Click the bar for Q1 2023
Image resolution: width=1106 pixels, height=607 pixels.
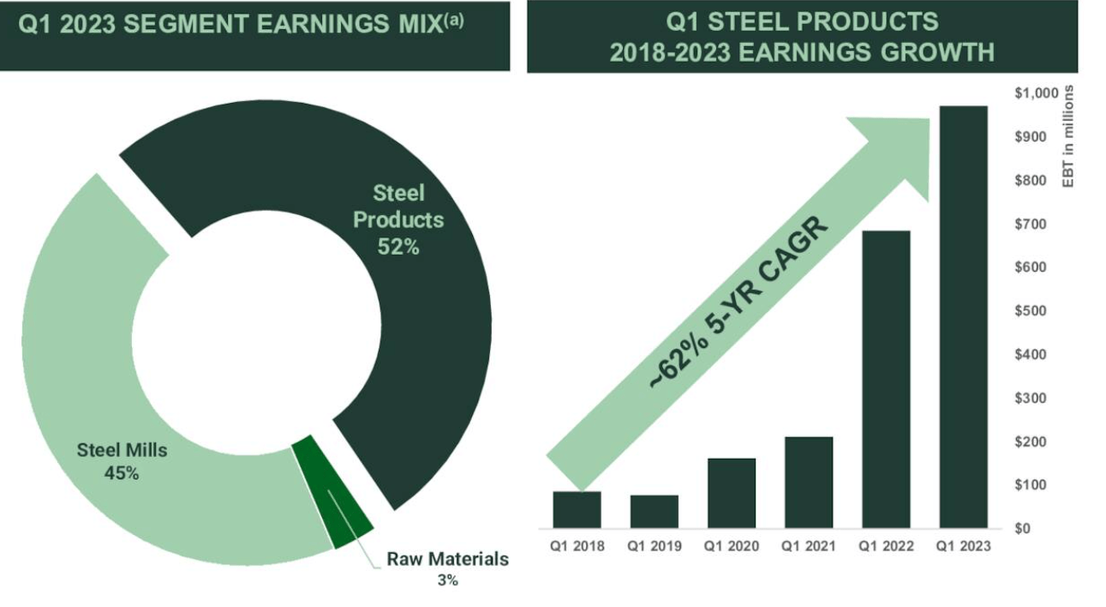tap(963, 316)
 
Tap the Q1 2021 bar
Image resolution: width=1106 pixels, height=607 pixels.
tap(809, 482)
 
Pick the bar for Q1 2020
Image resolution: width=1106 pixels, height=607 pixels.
tap(732, 493)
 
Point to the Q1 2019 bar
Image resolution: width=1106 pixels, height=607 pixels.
tap(655, 511)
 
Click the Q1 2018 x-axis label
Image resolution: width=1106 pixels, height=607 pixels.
tap(577, 546)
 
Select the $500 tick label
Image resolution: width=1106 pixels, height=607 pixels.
tap(1031, 310)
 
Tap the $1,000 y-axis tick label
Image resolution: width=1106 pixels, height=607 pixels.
tap(1036, 93)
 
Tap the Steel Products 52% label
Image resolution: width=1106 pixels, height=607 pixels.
tap(398, 219)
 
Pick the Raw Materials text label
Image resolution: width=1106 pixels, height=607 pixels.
tap(447, 560)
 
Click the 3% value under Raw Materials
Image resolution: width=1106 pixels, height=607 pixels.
tap(447, 580)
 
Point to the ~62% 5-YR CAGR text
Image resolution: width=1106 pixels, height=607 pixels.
tap(738, 304)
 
